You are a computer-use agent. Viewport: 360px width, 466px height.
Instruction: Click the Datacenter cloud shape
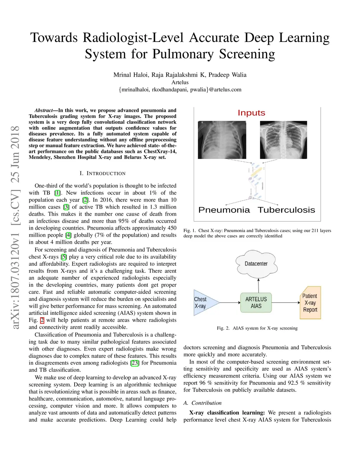click(x=256, y=264)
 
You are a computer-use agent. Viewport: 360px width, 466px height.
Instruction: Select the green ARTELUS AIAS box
click(x=256, y=302)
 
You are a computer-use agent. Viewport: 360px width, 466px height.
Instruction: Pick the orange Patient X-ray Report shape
click(x=310, y=303)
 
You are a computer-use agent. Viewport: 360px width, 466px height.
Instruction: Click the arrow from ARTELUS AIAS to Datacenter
click(x=258, y=285)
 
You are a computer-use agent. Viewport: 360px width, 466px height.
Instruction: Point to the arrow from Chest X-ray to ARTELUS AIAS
click(x=230, y=302)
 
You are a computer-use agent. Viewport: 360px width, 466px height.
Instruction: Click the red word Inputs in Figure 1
click(x=251, y=113)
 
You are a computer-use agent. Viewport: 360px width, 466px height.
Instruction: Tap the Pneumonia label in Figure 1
click(x=224, y=210)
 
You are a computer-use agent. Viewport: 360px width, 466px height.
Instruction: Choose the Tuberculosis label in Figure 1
click(x=286, y=210)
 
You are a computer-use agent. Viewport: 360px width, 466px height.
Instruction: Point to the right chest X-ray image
click(x=283, y=140)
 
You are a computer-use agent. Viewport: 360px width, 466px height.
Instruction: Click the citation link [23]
click(x=134, y=363)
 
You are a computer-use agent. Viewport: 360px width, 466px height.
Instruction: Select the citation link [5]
click(x=64, y=257)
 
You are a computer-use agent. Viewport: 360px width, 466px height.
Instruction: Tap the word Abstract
click(x=44, y=110)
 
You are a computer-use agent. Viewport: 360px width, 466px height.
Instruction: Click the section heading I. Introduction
click(x=102, y=173)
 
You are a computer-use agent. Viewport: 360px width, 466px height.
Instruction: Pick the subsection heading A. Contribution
click(x=202, y=403)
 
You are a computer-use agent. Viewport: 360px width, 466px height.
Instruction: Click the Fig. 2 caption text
click(x=257, y=328)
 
